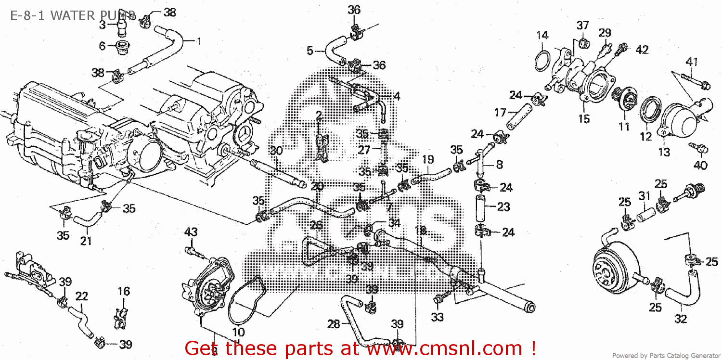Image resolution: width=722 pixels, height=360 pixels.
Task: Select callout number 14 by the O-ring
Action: [542, 35]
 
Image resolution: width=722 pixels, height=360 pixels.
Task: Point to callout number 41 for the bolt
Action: [692, 62]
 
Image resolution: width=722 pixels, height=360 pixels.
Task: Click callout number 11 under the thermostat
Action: [624, 127]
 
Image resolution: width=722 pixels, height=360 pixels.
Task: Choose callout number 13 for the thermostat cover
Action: [664, 153]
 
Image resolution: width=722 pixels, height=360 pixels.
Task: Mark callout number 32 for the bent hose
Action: [681, 319]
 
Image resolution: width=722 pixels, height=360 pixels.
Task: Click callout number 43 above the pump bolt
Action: [191, 232]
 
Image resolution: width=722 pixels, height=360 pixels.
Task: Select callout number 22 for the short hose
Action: [81, 296]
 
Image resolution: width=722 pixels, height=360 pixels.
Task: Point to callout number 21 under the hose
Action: [86, 241]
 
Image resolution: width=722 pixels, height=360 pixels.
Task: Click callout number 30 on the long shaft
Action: [275, 151]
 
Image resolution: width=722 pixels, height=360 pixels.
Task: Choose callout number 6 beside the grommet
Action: [102, 46]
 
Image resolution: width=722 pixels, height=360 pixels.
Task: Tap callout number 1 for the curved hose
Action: [198, 41]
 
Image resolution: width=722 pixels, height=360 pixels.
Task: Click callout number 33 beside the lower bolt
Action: [437, 317]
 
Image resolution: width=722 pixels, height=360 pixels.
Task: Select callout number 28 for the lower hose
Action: [334, 324]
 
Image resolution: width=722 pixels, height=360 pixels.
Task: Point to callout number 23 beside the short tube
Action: [503, 207]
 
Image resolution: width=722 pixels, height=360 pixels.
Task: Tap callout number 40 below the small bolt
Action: [700, 166]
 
